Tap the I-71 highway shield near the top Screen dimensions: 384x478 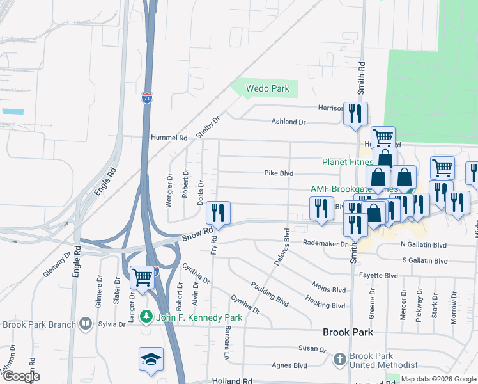click(x=147, y=98)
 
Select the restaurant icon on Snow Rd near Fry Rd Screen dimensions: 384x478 click(x=219, y=213)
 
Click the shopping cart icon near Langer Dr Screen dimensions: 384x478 click(x=142, y=277)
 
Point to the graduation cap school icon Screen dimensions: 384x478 click(x=151, y=360)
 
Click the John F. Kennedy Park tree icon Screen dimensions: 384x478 click(x=146, y=317)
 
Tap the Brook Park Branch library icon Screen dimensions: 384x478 click(x=86, y=324)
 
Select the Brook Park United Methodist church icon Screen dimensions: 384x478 click(x=340, y=360)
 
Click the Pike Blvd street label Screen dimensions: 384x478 click(x=279, y=173)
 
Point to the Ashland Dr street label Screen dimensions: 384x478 click(x=289, y=122)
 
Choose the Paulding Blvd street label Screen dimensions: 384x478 click(x=270, y=292)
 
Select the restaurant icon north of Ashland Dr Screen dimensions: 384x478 click(x=355, y=114)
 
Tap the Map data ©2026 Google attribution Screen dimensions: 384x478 click(x=437, y=379)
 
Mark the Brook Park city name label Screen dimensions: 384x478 click(x=348, y=333)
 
